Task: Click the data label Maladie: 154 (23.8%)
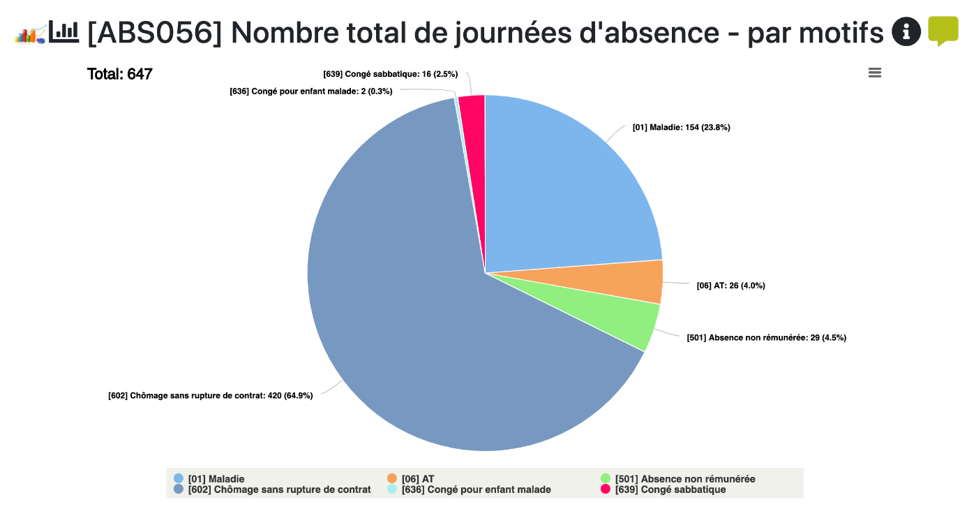click(x=681, y=127)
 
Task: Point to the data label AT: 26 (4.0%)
click(x=730, y=285)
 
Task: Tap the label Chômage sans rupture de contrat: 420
click(x=210, y=395)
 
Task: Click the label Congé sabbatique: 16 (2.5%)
click(x=390, y=73)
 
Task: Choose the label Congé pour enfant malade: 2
click(x=310, y=91)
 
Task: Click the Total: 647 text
click(x=119, y=74)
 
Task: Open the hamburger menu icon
click(x=874, y=73)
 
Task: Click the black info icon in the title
click(x=906, y=31)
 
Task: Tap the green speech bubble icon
click(x=943, y=31)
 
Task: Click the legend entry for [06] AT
click(x=417, y=479)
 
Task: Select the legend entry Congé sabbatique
click(x=670, y=489)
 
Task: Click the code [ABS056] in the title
click(x=154, y=33)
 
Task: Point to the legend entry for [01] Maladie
click(x=216, y=479)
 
